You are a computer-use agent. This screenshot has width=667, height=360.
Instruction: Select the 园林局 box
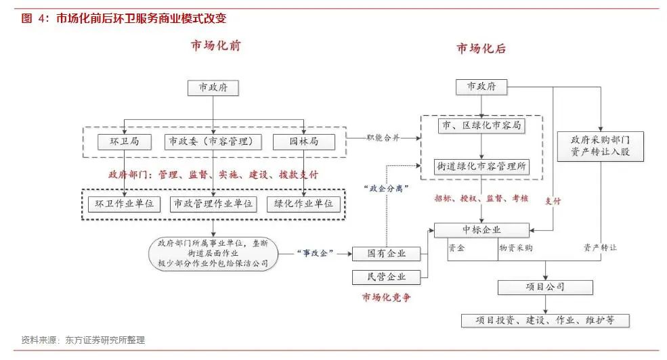pyautogui.click(x=304, y=141)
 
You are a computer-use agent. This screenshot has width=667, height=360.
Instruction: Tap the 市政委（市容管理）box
pyautogui.click(x=213, y=141)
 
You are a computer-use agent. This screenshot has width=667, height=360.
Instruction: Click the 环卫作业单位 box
pyautogui.click(x=125, y=203)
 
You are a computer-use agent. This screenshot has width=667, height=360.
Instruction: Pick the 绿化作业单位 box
pyautogui.click(x=304, y=203)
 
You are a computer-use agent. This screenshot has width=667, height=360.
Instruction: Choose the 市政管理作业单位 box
pyautogui.click(x=214, y=203)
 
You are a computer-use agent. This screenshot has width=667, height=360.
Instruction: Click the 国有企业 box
pyautogui.click(x=386, y=254)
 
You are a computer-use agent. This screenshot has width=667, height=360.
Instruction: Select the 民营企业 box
pyautogui.click(x=386, y=276)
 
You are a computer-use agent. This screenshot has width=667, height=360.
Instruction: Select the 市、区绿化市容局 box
pyautogui.click(x=481, y=126)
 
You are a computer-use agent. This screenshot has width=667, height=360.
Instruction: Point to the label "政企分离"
pyautogui.click(x=386, y=189)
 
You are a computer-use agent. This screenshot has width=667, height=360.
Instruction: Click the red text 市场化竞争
pyautogui.click(x=387, y=297)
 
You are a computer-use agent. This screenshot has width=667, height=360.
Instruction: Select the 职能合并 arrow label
pyautogui.click(x=383, y=137)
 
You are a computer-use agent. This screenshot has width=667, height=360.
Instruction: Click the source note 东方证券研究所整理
pyautogui.click(x=105, y=340)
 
